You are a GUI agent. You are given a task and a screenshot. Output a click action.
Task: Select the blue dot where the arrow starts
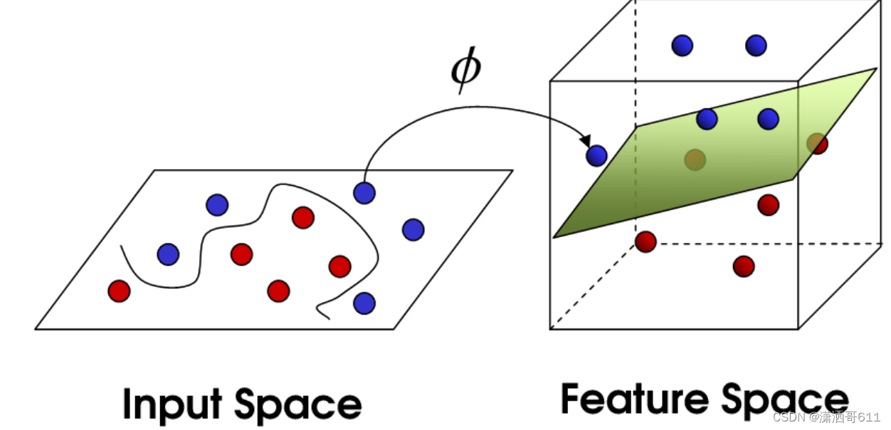click(364, 192)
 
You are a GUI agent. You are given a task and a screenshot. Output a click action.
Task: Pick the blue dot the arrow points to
click(596, 155)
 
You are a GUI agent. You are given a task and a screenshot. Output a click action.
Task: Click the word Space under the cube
click(786, 400)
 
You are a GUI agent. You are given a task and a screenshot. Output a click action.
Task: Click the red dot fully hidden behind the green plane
click(695, 159)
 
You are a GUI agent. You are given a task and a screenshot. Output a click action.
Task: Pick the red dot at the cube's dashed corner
click(645, 241)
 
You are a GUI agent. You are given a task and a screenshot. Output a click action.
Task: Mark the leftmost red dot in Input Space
click(119, 290)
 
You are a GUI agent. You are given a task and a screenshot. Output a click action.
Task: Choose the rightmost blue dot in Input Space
click(413, 229)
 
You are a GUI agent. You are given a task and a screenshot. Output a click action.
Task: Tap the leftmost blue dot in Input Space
click(168, 253)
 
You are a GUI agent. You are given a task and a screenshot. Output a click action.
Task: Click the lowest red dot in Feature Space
click(743, 266)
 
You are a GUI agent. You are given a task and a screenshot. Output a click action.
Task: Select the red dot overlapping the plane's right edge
click(818, 144)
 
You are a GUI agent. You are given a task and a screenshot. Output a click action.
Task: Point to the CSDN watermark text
click(789, 417)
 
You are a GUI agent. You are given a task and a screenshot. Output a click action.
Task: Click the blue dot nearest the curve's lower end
click(364, 303)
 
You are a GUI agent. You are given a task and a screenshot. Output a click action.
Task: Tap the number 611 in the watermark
click(869, 417)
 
